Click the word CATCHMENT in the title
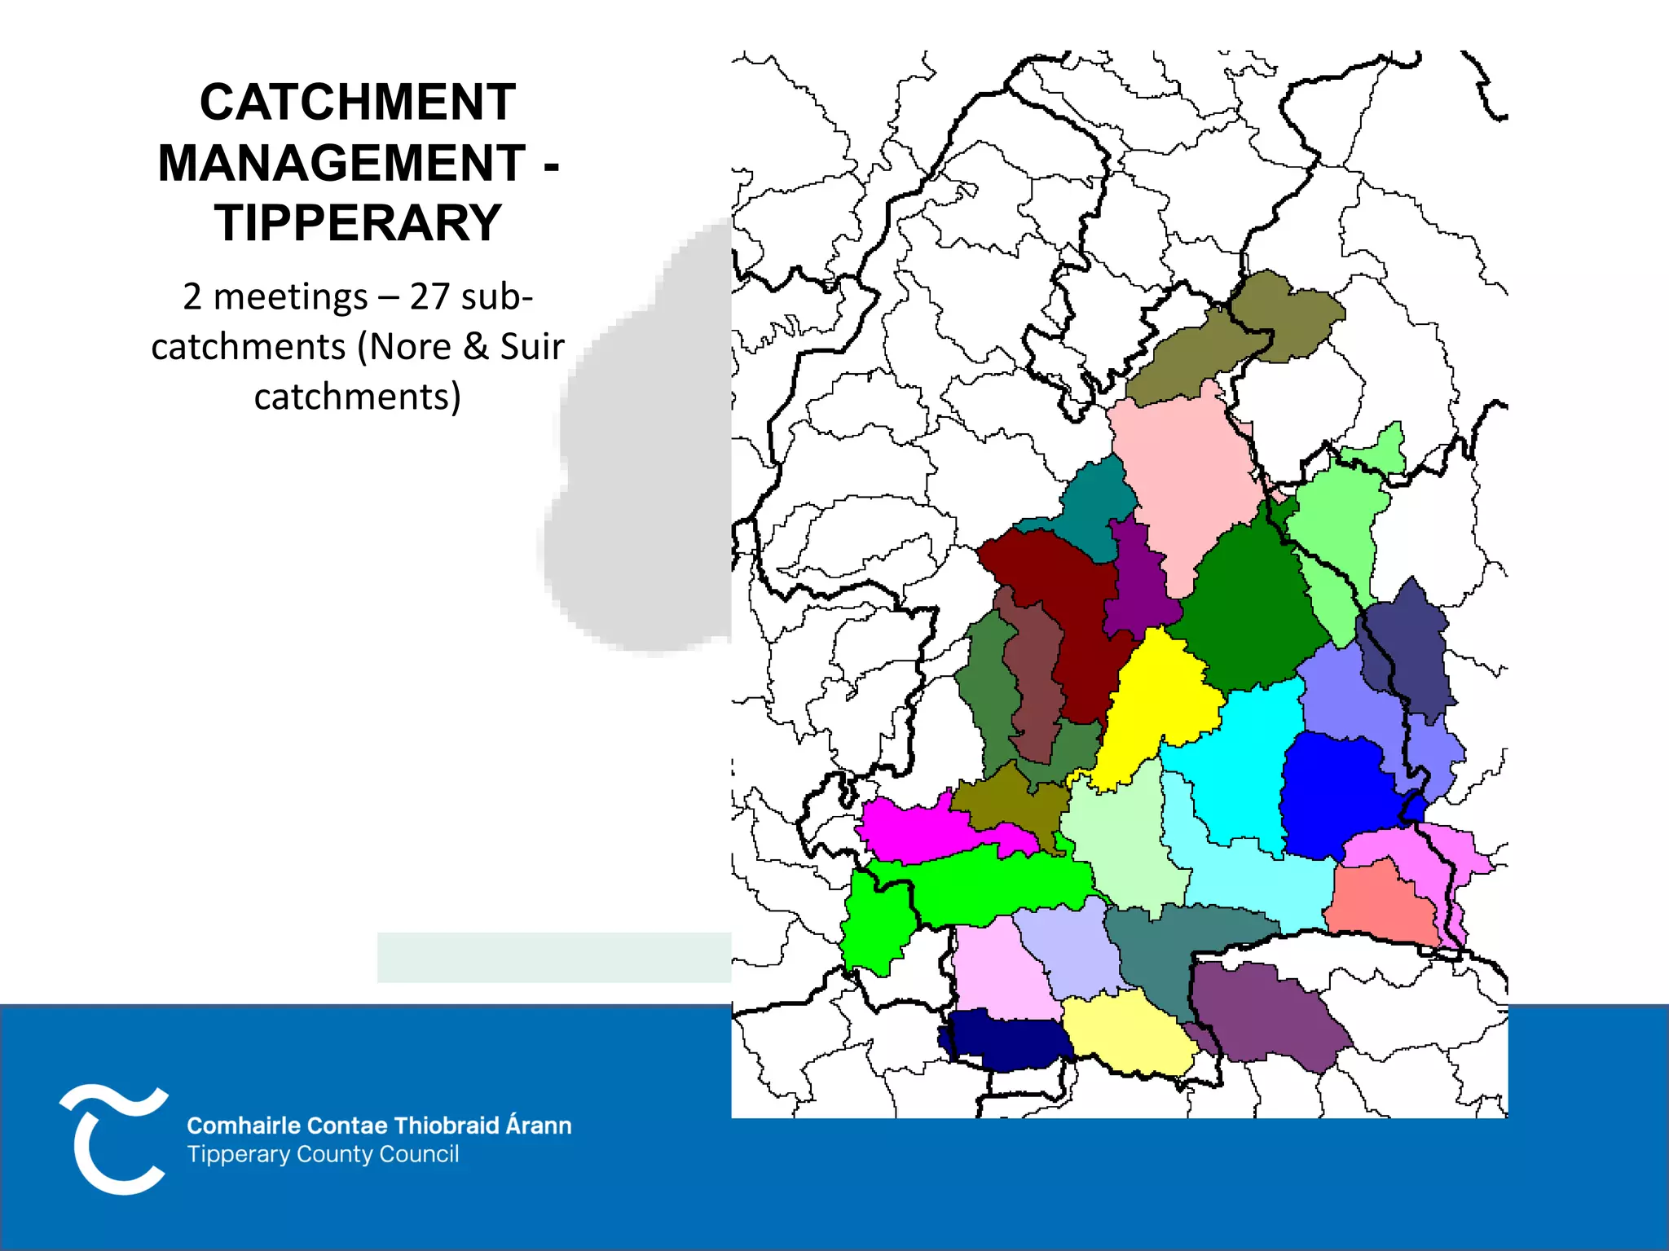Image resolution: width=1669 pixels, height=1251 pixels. tap(357, 103)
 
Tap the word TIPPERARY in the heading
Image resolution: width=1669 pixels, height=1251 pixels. tap(357, 223)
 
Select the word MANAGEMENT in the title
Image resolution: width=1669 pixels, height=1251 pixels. tap(341, 163)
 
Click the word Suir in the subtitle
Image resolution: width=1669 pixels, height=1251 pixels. tap(531, 347)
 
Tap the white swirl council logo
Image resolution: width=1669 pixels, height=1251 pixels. tap(114, 1139)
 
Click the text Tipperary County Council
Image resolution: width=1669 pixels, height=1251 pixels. tap(323, 1154)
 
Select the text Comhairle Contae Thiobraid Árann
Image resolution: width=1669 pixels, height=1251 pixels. tap(379, 1126)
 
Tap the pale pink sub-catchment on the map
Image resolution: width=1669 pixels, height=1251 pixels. tap(1186, 481)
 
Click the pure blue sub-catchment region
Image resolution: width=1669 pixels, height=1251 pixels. tap(1337, 794)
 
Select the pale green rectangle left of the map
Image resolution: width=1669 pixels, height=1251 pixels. tap(554, 957)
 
